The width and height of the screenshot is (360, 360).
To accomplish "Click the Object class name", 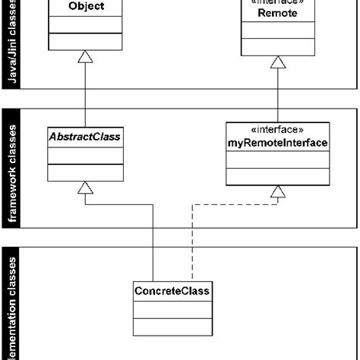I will tap(86, 7).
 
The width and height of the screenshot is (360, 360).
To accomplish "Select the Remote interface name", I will tap(278, 14).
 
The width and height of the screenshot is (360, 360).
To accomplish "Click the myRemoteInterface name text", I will tap(278, 144).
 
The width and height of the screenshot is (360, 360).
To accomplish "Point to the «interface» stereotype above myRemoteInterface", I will tap(278, 130).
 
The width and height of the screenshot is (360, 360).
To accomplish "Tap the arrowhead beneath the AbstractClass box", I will tap(86, 188).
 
